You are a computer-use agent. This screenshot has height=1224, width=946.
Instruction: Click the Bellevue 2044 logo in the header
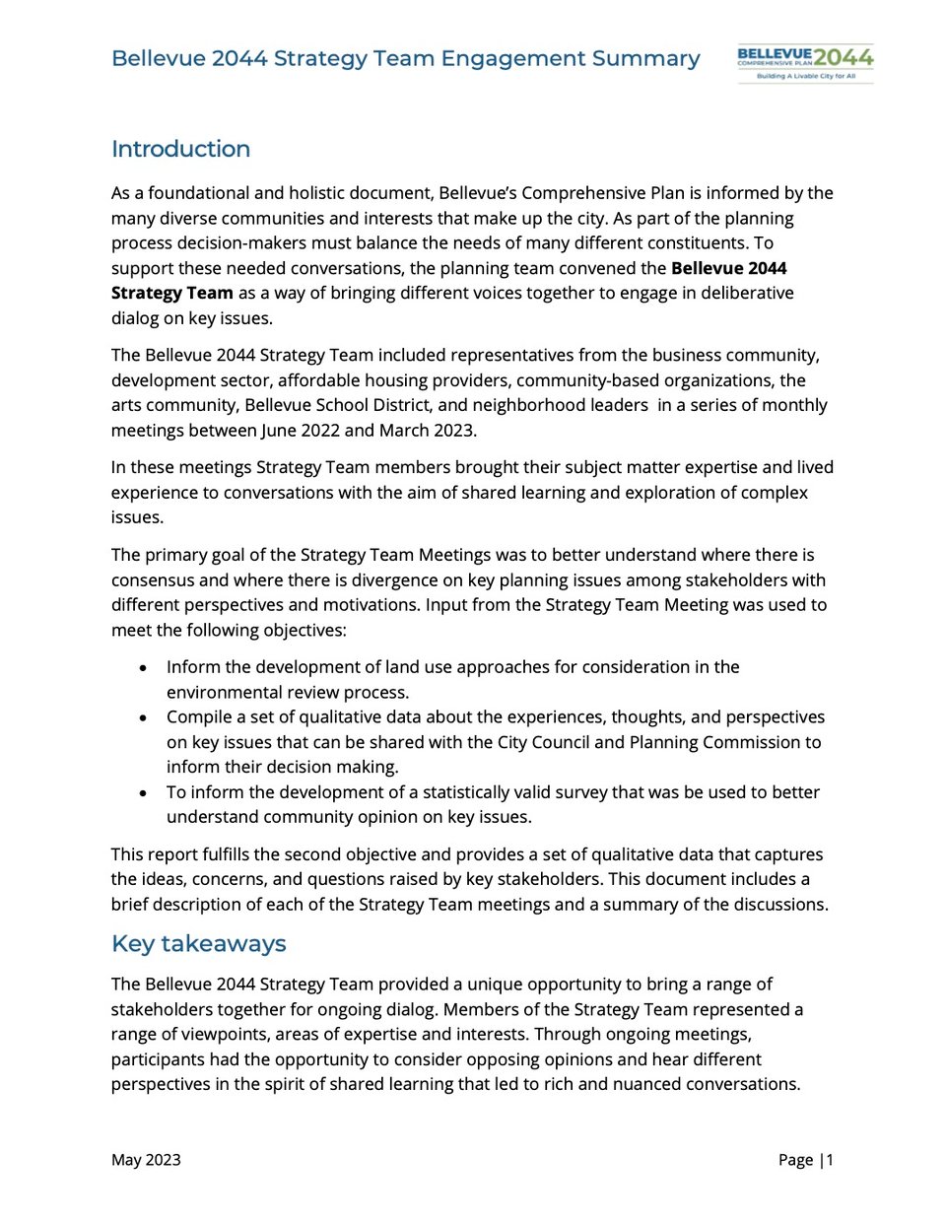click(805, 62)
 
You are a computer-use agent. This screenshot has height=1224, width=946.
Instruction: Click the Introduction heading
click(180, 149)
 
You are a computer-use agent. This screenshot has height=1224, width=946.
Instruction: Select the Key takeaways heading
click(198, 943)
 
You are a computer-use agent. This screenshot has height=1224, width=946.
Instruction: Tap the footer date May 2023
click(146, 1160)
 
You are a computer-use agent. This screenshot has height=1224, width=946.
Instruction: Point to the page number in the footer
click(805, 1160)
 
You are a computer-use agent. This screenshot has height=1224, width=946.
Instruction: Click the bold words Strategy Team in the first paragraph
click(171, 293)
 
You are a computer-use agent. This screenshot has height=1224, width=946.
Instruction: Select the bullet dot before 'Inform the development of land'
click(144, 668)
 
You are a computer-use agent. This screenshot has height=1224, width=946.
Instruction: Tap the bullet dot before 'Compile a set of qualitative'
click(144, 718)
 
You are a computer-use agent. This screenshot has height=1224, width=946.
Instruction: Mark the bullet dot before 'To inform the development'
click(144, 793)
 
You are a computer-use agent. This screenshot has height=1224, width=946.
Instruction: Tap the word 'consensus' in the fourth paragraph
click(153, 580)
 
